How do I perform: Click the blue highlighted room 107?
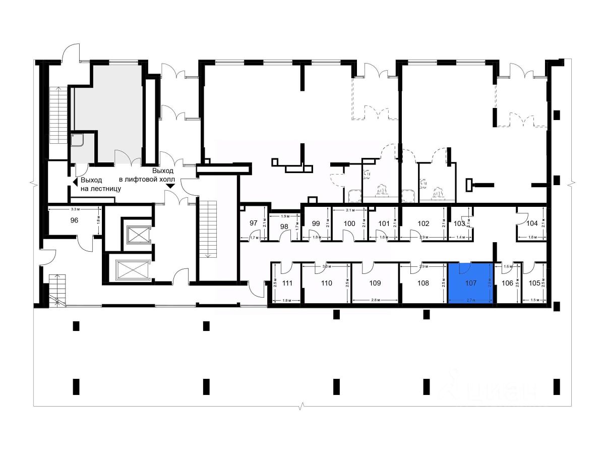pyautogui.click(x=470, y=282)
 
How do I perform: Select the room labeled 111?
pyautogui.click(x=287, y=283)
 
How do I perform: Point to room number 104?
pyautogui.click(x=532, y=223)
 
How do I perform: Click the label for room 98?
pyautogui.click(x=284, y=226)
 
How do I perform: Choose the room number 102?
pyautogui.click(x=423, y=223)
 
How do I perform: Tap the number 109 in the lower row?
pyautogui.click(x=375, y=283)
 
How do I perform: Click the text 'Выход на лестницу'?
pyautogui.click(x=100, y=184)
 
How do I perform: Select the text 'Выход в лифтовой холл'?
pyautogui.click(x=146, y=175)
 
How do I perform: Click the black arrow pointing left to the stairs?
pyautogui.click(x=74, y=180)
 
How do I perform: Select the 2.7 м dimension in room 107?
pyautogui.click(x=470, y=300)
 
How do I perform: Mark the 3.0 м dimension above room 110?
pyautogui.click(x=326, y=266)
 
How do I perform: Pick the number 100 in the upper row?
pyautogui.click(x=349, y=223)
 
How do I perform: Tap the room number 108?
pyautogui.click(x=423, y=283)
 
